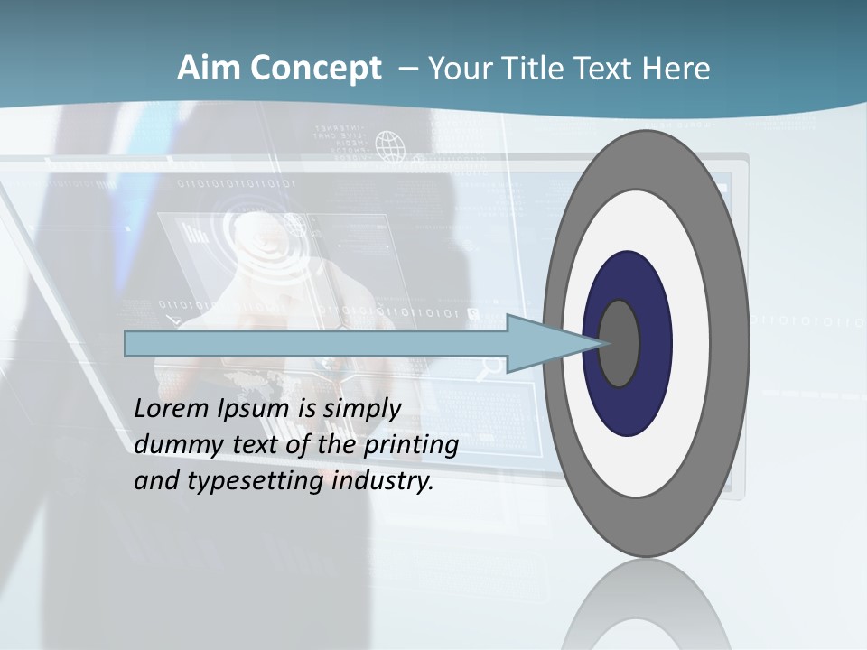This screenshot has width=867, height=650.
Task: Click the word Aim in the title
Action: point(209,69)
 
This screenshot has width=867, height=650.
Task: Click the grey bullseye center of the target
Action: point(619,343)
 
